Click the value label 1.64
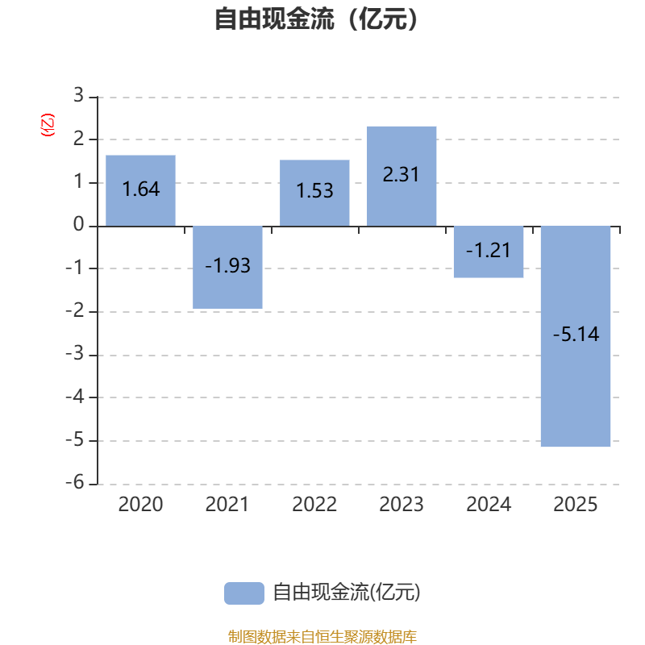141,190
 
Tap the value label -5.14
576,334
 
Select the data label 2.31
402,174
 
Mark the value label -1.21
489,250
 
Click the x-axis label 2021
227,505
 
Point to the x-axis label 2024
489,505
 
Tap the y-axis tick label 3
78,97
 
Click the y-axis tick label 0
78,226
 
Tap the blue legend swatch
243,593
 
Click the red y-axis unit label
48,125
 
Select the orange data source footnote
322,637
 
